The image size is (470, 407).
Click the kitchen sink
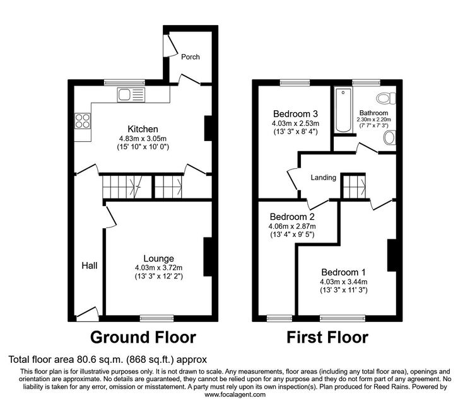click(131, 95)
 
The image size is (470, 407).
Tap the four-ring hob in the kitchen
click(83, 121)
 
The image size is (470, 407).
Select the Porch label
click(191, 57)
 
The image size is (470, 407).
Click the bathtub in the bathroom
click(343, 110)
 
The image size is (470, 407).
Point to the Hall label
click(90, 265)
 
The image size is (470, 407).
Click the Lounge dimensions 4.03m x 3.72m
click(158, 268)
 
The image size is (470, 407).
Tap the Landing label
click(324, 178)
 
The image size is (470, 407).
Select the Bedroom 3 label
click(295, 113)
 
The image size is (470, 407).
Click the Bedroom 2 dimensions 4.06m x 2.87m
click(292, 226)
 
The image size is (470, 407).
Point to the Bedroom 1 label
click(343, 272)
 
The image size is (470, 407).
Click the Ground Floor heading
click(143, 337)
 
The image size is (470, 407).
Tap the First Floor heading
click(327, 337)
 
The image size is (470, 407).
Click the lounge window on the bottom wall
click(156, 318)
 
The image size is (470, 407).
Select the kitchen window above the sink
click(124, 83)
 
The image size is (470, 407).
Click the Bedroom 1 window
click(343, 318)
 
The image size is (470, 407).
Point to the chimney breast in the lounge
click(208, 257)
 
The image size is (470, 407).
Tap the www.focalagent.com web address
click(235, 394)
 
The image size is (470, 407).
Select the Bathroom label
click(373, 113)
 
